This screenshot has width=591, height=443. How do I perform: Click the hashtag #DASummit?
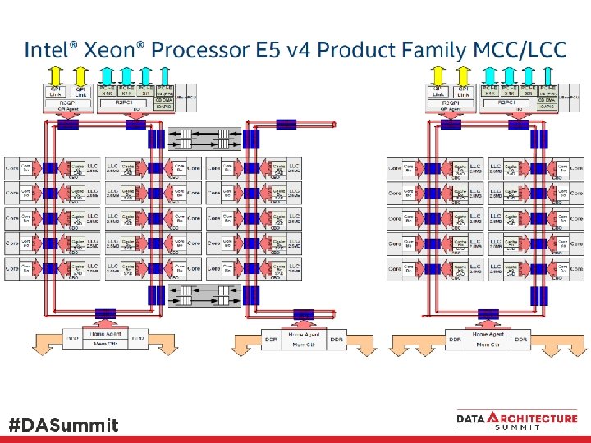click(63, 425)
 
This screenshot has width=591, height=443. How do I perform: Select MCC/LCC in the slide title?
click(520, 49)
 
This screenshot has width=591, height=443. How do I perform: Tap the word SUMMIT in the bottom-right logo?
click(517, 427)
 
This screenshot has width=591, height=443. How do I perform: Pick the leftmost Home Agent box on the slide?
click(107, 335)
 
